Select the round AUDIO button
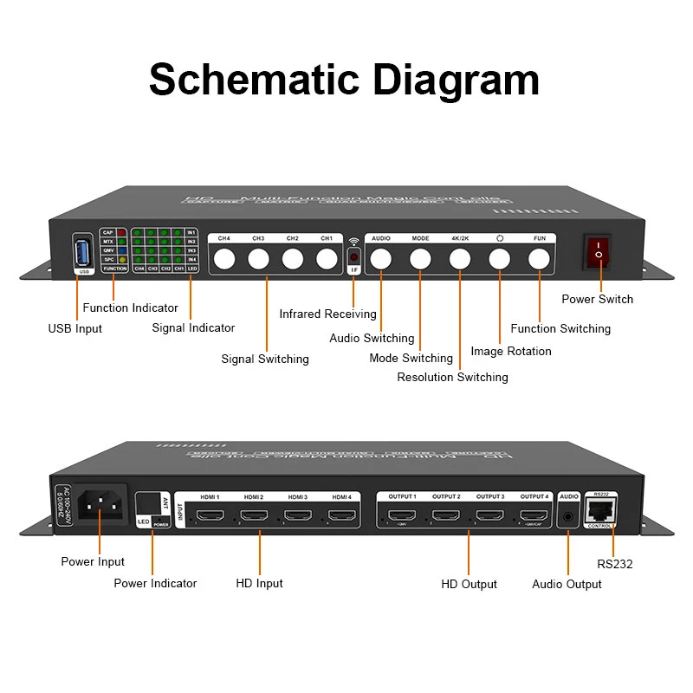tap(381, 258)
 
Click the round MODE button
tap(420, 258)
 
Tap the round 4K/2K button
tap(459, 258)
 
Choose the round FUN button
tap(540, 258)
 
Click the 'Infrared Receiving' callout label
tap(327, 314)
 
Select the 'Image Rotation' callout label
tap(511, 351)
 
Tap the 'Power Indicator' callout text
tap(155, 583)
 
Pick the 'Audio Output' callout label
tap(567, 584)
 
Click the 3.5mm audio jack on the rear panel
tap(568, 516)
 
